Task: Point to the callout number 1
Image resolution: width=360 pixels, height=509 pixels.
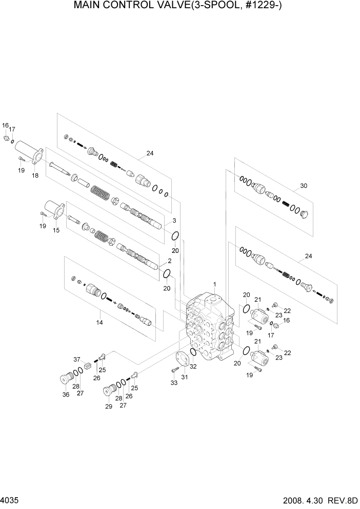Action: (214, 284)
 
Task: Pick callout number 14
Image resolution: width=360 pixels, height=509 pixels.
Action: (99, 322)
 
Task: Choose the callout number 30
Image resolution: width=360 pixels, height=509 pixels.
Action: (304, 186)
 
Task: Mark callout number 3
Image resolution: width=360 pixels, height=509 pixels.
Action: (174, 221)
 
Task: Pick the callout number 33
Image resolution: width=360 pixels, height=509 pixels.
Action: (173, 382)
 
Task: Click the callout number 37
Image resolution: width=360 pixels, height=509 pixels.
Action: (77, 359)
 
